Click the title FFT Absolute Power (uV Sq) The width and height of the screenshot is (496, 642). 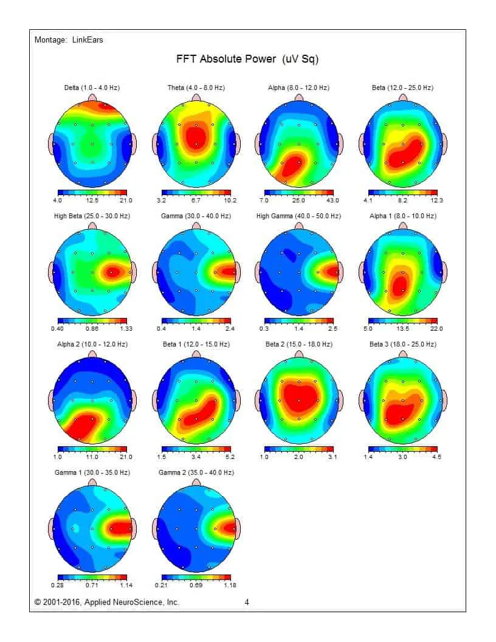point(247,60)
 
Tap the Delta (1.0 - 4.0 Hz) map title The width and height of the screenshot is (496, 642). point(92,88)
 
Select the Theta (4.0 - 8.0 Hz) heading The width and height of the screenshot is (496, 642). point(196,88)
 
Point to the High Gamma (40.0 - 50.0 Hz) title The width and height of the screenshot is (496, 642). point(298,216)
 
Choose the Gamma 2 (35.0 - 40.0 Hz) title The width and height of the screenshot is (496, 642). point(196,472)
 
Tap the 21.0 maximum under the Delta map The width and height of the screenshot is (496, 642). point(126,200)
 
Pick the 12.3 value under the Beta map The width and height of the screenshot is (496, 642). point(437,200)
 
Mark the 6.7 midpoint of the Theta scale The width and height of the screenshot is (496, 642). point(196,200)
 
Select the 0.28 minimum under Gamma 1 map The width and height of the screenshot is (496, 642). point(58,585)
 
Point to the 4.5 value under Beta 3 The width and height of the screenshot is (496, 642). point(437,457)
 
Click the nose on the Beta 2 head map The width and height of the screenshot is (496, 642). point(299,354)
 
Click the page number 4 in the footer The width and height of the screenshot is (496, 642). point(247,602)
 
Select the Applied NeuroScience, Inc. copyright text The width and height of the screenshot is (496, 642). point(107,602)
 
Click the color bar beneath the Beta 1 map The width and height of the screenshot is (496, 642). point(196,449)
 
